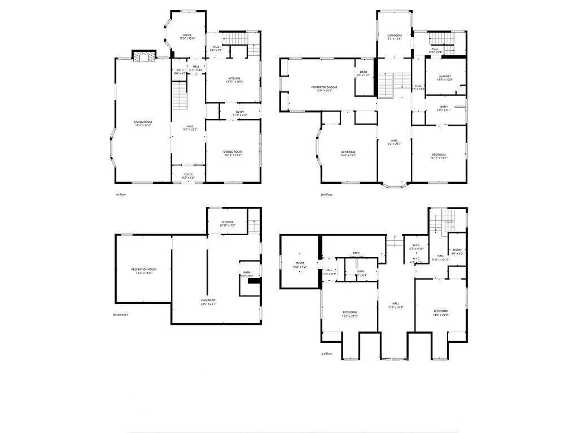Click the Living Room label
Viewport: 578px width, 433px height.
pyautogui.click(x=143, y=122)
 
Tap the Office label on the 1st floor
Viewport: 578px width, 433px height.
pyautogui.click(x=187, y=36)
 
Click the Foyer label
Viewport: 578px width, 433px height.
pyautogui.click(x=189, y=175)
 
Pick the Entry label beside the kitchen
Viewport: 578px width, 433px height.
pyautogui.click(x=239, y=112)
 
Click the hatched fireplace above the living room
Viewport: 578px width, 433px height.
pyautogui.click(x=144, y=56)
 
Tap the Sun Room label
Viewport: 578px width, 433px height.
pyautogui.click(x=394, y=36)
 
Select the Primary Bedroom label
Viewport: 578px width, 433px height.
pyautogui.click(x=324, y=87)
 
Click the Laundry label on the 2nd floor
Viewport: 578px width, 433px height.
pyautogui.click(x=444, y=76)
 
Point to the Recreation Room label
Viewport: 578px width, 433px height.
pyautogui.click(x=144, y=269)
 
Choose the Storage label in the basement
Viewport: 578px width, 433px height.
pyautogui.click(x=227, y=222)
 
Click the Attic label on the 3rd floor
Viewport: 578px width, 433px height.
pyautogui.click(x=356, y=253)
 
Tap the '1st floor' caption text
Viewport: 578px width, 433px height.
pyautogui.click(x=121, y=195)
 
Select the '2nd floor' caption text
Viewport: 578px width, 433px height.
pyautogui.click(x=326, y=195)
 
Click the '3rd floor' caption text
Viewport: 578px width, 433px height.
pyautogui.click(x=326, y=354)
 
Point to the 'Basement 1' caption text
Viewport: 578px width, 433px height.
pyautogui.click(x=121, y=314)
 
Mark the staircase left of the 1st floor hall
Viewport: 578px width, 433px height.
pyautogui.click(x=179, y=95)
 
